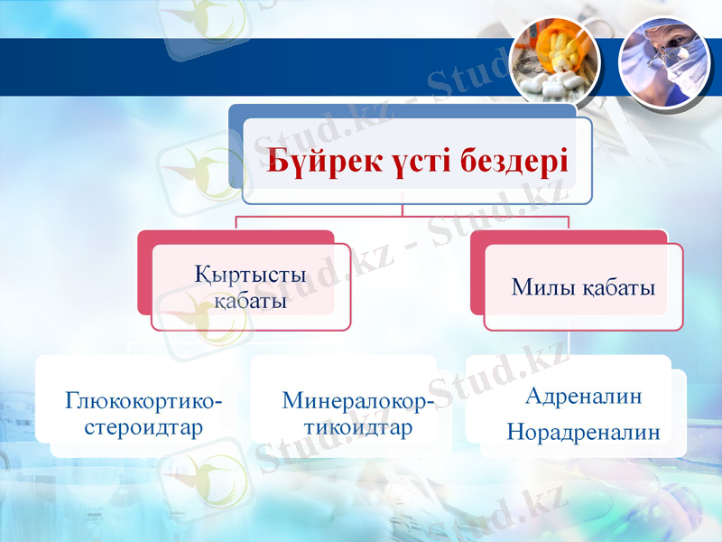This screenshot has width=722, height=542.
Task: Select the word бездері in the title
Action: coord(515,163)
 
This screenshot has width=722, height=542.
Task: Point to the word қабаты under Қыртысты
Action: coord(250,301)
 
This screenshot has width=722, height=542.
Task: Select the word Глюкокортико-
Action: coord(144,399)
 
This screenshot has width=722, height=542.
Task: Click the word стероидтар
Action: coord(144,425)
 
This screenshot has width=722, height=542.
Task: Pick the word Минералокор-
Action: coord(357,399)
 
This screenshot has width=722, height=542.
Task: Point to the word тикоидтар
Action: coord(357,425)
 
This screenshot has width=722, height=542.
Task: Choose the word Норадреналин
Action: coord(583,432)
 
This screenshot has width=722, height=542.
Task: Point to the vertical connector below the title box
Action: coord(403,210)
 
